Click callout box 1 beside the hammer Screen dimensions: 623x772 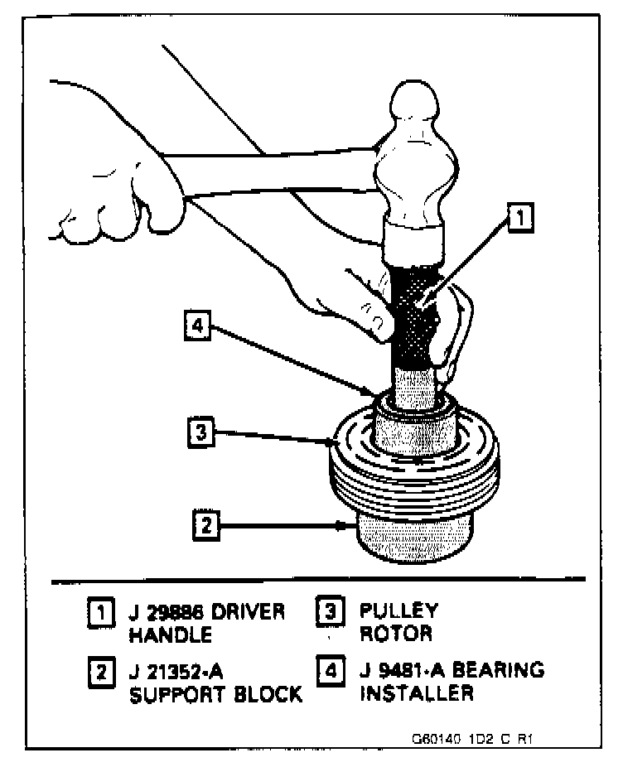518,218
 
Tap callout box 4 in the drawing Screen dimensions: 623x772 196,326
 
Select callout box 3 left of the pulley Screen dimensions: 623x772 197,432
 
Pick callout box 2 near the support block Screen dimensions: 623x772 204,524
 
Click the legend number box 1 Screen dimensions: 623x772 99,615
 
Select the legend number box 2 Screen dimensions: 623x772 99,670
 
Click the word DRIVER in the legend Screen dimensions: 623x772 243,614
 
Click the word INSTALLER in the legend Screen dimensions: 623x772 416,693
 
